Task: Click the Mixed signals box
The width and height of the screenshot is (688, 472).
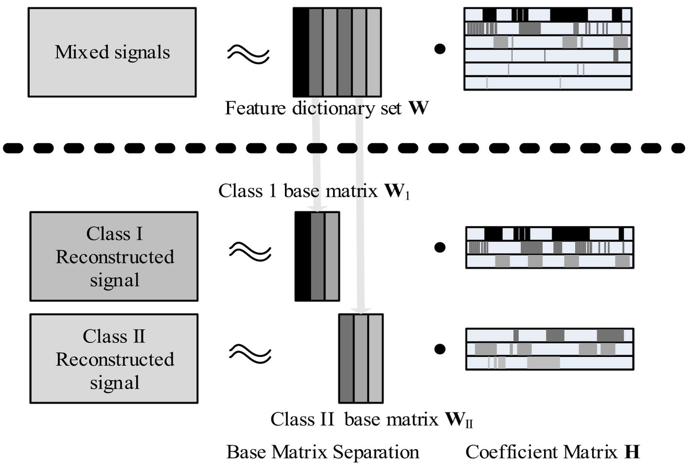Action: (x=112, y=52)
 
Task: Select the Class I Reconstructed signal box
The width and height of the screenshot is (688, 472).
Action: (x=114, y=256)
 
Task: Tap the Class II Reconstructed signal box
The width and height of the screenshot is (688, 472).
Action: (x=114, y=359)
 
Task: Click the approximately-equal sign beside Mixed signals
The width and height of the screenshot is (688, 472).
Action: (x=248, y=52)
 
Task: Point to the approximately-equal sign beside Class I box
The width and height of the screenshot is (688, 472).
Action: (x=249, y=249)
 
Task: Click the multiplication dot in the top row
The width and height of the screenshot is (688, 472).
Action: (x=440, y=50)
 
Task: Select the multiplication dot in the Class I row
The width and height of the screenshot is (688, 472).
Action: (x=440, y=247)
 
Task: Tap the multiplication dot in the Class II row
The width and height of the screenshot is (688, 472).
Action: (x=440, y=348)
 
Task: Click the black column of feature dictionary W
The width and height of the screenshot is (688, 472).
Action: (x=300, y=52)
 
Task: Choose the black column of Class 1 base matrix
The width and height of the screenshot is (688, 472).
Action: (x=302, y=256)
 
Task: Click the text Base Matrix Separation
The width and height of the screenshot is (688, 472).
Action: (x=323, y=452)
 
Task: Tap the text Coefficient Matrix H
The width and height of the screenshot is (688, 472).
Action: (x=552, y=452)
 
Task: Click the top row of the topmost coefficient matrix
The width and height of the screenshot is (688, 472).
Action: (x=548, y=14)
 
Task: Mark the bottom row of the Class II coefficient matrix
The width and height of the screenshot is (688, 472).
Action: (x=549, y=363)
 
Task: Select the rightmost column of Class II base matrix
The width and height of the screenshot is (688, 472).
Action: (x=375, y=359)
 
